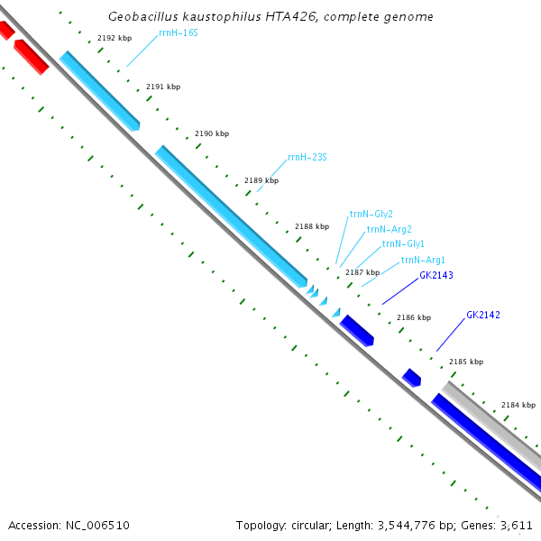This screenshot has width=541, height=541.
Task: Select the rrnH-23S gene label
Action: pos(307,157)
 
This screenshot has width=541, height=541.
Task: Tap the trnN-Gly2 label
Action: pos(371,215)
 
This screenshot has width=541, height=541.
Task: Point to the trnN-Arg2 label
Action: pos(389,229)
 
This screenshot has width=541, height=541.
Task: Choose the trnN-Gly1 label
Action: pos(403,243)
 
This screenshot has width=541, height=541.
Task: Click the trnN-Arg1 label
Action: pos(423,260)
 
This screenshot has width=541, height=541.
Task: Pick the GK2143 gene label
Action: pos(436,275)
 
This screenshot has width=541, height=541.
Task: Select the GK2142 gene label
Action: pos(483,316)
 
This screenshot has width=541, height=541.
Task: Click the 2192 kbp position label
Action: pos(115,38)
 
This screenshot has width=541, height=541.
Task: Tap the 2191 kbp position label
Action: pos(163,87)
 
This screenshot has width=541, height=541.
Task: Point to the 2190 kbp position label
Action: pos(212,133)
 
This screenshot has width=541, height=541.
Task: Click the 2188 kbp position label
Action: pos(312,226)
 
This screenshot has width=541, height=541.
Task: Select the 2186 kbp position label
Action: pos(414,317)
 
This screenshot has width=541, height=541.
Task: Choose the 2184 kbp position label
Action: pos(518,405)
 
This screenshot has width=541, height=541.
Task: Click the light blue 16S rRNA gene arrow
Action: pos(100,90)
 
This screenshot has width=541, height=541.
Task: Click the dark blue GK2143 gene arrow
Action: pos(355,329)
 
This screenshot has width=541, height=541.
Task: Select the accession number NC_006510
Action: pos(69,525)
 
